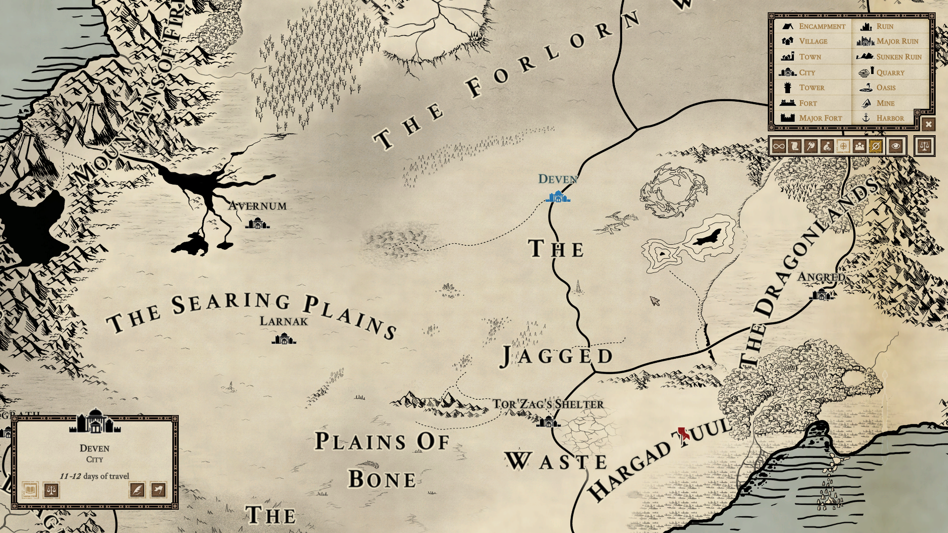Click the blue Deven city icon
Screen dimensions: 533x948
(558, 197)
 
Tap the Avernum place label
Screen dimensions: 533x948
(257, 206)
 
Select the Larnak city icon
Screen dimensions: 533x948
(283, 339)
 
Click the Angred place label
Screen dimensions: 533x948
(821, 277)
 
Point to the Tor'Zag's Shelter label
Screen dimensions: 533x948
(548, 404)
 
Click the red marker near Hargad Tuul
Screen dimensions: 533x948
(683, 434)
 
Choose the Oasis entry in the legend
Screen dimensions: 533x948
(885, 88)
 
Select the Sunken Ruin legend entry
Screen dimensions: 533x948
(898, 57)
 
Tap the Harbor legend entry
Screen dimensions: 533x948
(890, 118)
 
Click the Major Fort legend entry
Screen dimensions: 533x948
(820, 118)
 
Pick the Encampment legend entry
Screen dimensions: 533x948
(822, 26)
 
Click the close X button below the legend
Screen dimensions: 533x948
(928, 124)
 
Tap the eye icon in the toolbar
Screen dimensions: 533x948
(896, 146)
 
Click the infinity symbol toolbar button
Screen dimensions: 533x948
(779, 146)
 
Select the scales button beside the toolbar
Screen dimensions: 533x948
(924, 146)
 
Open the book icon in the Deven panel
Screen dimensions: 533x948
(30, 490)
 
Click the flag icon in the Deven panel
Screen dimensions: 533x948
(158, 490)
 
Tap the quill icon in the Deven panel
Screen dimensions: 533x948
(137, 490)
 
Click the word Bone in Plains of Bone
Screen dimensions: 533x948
(382, 479)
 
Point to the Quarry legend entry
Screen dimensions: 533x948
(890, 73)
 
